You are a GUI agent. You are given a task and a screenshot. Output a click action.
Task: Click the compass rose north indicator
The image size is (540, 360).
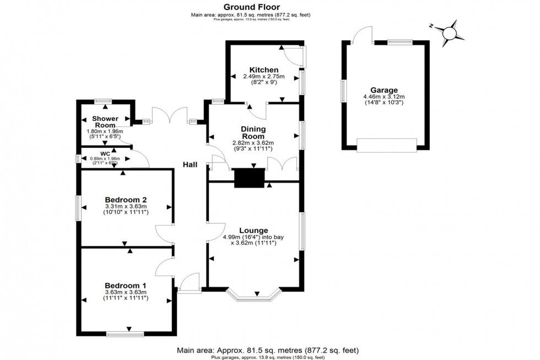coord(450,31)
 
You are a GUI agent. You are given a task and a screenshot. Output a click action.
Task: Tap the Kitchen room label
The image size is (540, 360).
coord(263,70)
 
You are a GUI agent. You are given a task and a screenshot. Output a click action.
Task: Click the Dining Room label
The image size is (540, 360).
coord(253,132)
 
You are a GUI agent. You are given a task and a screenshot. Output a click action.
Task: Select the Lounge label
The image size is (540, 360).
coord(253,230)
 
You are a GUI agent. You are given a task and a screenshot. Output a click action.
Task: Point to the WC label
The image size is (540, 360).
coord(105,153)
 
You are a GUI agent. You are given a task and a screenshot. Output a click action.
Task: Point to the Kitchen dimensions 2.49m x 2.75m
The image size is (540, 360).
coord(263,77)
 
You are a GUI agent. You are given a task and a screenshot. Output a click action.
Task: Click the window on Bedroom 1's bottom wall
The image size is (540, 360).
coord(125,333)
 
